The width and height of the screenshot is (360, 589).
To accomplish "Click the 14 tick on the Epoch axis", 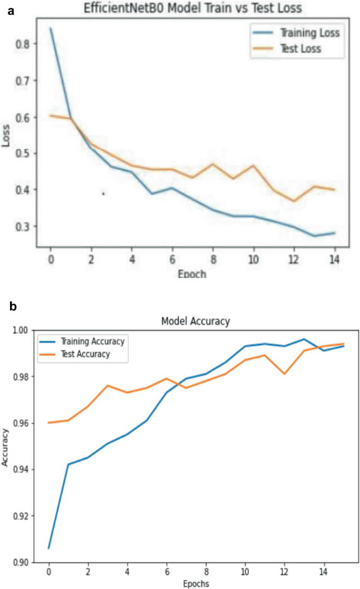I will (x=333, y=260).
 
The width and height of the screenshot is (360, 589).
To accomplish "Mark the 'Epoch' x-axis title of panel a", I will (x=192, y=274).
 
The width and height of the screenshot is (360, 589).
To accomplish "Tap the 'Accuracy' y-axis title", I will (x=5, y=446).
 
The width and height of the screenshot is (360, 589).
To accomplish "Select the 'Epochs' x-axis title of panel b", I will (x=196, y=583).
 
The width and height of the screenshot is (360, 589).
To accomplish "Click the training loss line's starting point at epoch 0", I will (x=50, y=28).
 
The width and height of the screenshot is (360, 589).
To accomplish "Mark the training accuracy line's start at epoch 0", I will (x=48, y=548).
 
